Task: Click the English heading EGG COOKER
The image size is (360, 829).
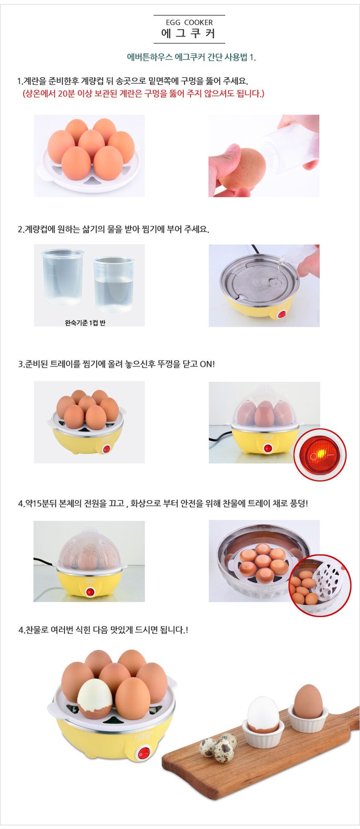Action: tap(189, 22)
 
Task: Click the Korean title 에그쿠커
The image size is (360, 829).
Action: tap(188, 33)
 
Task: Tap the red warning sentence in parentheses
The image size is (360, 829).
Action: tap(144, 94)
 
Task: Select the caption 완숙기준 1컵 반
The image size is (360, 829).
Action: tap(85, 323)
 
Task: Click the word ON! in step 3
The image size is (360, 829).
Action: tap(207, 364)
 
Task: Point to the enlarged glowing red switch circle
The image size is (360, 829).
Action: tap(320, 455)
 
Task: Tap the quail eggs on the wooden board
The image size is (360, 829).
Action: tap(218, 747)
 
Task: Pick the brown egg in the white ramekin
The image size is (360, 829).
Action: tap(308, 701)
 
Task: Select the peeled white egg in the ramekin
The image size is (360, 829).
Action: tap(263, 714)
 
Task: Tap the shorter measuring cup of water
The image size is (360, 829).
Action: tap(114, 284)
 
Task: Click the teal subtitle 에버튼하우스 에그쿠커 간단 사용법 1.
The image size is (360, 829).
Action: tap(191, 57)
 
